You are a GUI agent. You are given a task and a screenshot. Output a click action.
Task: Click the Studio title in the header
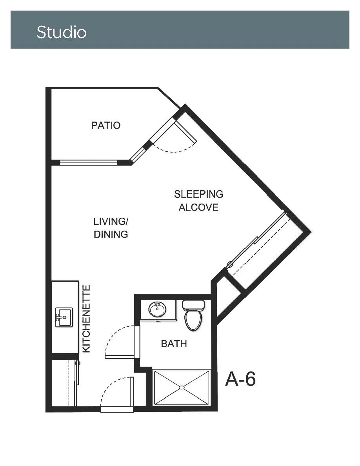tap(62, 32)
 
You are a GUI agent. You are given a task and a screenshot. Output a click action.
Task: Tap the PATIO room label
tap(106, 126)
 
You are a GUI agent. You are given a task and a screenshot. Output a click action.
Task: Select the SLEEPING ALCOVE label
tap(198, 200)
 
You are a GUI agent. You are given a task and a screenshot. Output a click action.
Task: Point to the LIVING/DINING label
tap(111, 228)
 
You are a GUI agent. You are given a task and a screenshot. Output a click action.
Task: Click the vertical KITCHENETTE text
tap(86, 319)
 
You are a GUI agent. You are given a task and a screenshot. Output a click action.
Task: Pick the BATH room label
tap(174, 344)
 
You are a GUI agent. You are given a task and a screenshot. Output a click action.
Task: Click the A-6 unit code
tap(241, 379)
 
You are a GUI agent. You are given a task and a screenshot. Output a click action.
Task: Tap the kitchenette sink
tap(64, 317)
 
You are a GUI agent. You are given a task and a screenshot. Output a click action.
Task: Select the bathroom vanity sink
tap(158, 309)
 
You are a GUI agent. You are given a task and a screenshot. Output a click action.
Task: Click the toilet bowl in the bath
tap(193, 321)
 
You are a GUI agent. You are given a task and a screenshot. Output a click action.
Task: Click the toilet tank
tap(193, 305)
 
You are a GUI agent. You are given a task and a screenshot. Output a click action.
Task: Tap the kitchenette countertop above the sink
tap(65, 294)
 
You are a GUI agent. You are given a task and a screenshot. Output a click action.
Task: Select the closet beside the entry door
tap(63, 383)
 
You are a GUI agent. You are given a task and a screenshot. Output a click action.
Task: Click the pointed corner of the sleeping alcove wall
tap(311, 232)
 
